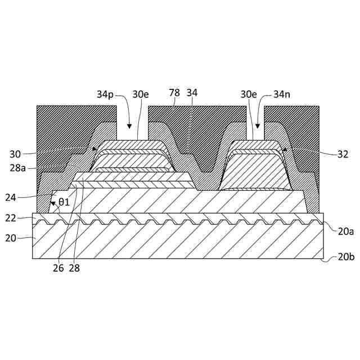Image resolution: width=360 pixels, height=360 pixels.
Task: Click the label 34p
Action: [105, 94]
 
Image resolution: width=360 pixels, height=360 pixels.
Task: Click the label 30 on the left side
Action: [15, 153]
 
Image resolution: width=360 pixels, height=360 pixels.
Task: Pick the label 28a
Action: [18, 167]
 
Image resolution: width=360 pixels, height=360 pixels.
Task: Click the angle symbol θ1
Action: [64, 201]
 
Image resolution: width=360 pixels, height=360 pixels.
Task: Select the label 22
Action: [11, 218]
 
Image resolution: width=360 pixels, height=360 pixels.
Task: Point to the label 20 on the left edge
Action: [11, 238]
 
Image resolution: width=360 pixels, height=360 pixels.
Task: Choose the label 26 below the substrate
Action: [58, 268]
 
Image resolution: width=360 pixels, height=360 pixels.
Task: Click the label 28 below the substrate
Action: [74, 268]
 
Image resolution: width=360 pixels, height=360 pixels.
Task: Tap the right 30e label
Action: [249, 94]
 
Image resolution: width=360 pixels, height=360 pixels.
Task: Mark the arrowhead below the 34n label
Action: [258, 125]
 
